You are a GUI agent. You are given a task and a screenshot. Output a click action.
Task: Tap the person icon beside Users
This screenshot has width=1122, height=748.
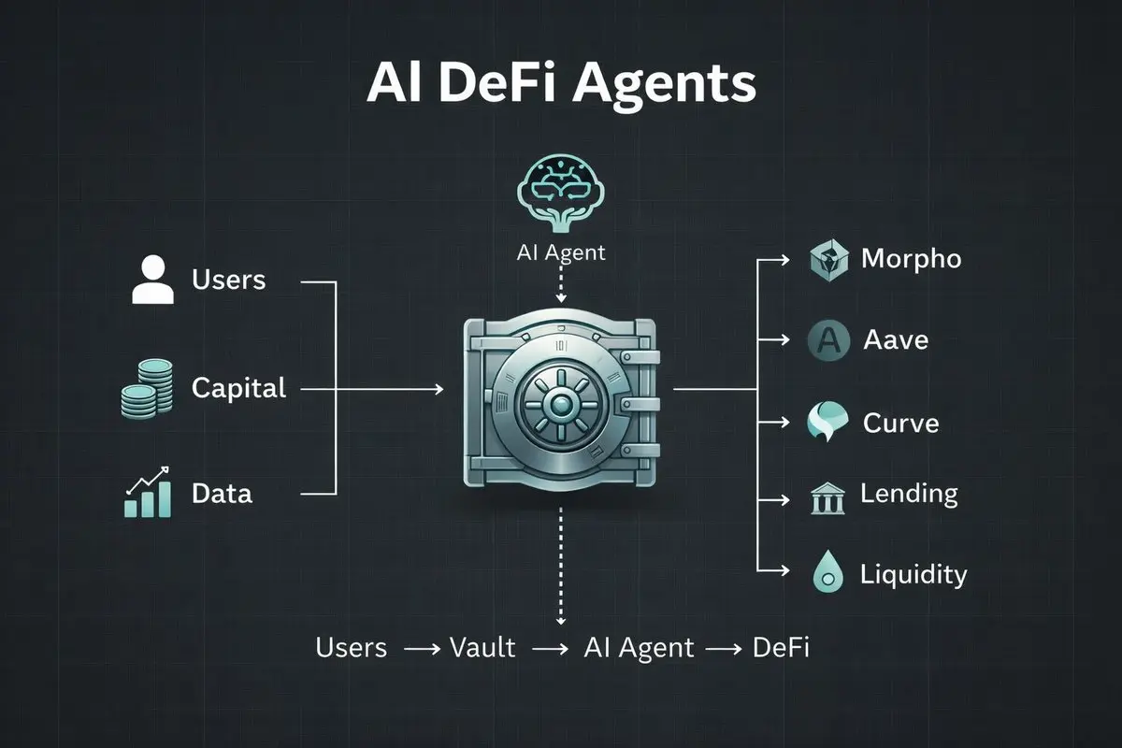[x=153, y=280]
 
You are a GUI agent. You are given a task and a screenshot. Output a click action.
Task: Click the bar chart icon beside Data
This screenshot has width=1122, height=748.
[x=148, y=493]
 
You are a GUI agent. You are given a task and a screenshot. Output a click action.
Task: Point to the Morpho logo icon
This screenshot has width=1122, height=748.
[x=827, y=259]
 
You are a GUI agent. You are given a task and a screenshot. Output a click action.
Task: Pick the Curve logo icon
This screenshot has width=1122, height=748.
[x=827, y=422]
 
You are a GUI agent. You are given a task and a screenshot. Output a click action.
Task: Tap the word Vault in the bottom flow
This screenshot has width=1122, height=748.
[x=482, y=647]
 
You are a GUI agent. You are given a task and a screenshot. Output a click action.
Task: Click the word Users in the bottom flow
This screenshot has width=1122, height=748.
[x=352, y=647]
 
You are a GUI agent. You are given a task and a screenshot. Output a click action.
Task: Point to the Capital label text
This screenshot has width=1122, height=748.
[x=238, y=387]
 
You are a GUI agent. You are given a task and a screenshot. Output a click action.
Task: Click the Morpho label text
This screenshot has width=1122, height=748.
[x=911, y=258]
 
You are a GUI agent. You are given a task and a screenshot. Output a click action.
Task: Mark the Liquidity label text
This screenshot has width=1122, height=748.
[x=913, y=574]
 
